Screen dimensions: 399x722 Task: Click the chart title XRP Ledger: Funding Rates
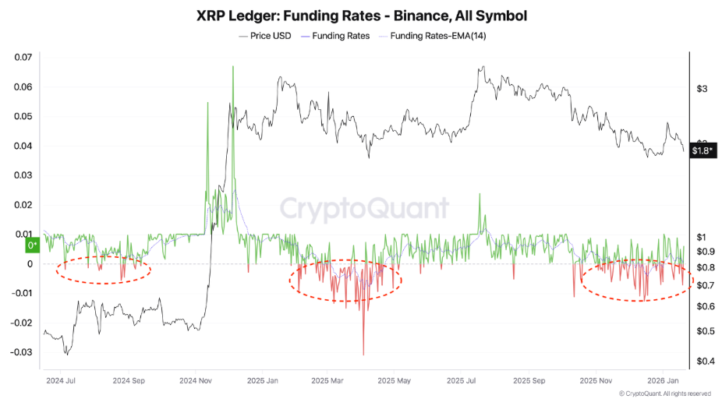(361, 16)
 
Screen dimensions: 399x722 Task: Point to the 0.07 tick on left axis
(23, 58)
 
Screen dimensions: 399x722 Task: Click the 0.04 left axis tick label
(23, 147)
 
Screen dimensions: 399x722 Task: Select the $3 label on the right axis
(701, 89)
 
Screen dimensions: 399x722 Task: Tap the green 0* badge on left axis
(32, 245)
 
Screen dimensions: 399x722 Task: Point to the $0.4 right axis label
(705, 362)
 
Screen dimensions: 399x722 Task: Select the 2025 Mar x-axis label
(327, 382)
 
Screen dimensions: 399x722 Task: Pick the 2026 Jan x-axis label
(662, 382)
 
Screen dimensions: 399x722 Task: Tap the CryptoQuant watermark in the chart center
(364, 208)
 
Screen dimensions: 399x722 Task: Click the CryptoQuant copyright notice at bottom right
(665, 394)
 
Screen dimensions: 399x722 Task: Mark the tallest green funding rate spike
(232, 68)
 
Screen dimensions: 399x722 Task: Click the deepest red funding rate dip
(363, 354)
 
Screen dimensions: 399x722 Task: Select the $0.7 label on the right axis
(705, 286)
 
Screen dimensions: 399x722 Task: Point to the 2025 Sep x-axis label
(527, 382)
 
